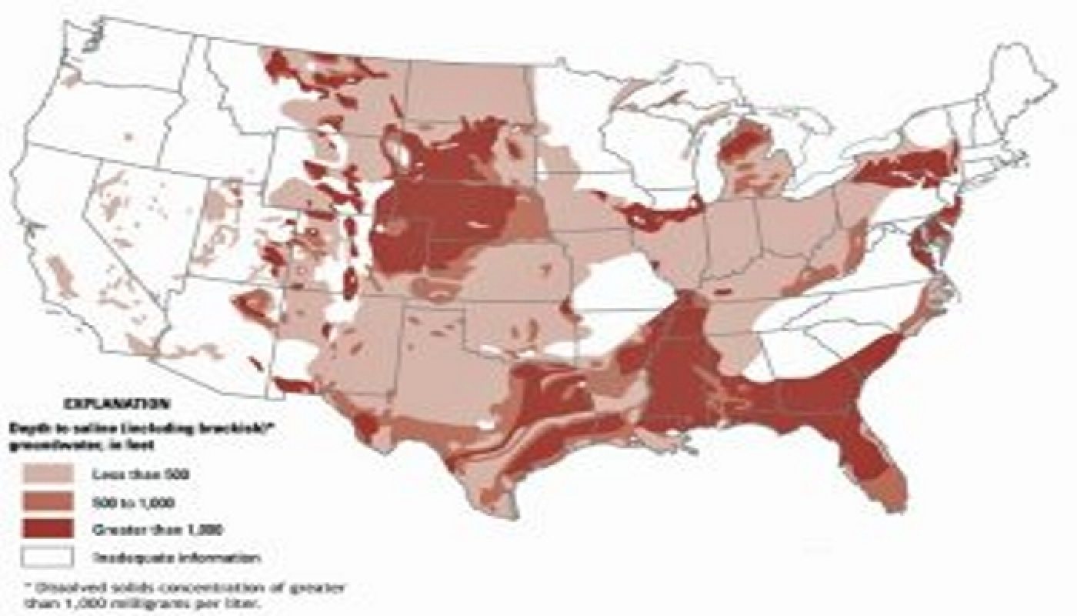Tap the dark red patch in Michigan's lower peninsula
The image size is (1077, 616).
point(745,150)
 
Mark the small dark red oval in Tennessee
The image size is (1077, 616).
point(724,293)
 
